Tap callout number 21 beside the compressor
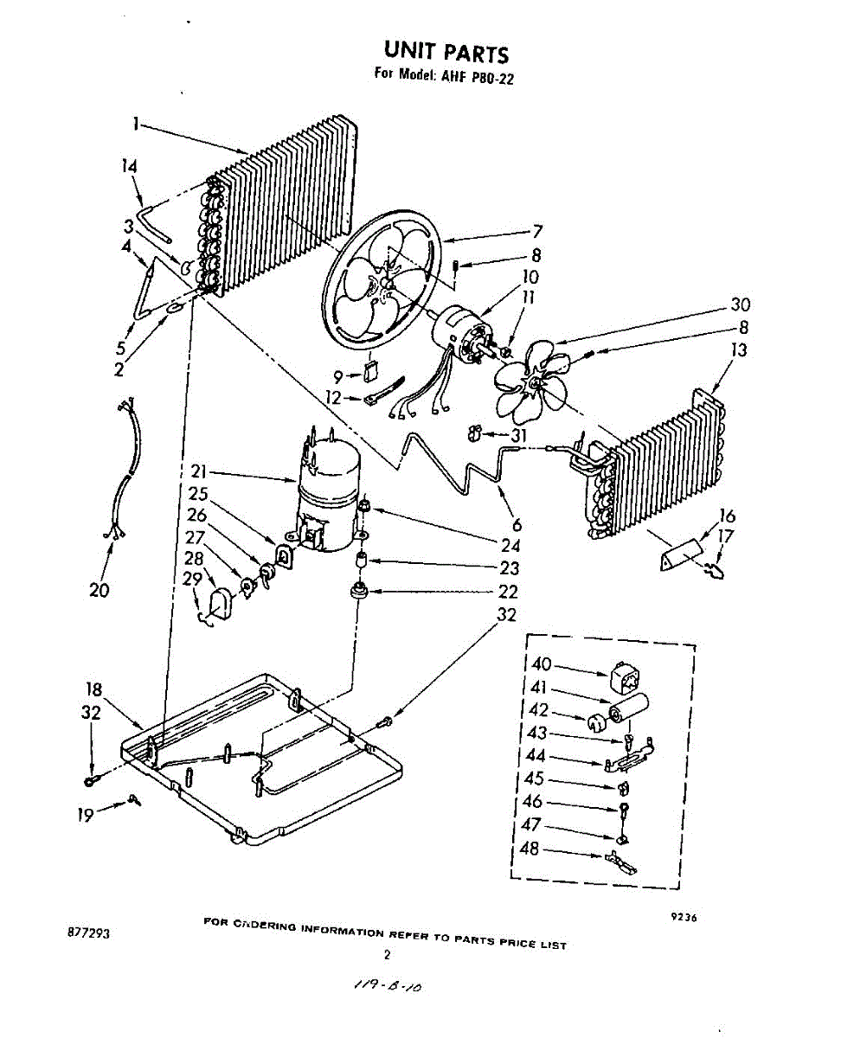coord(199,472)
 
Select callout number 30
coord(740,304)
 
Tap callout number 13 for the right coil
coord(739,350)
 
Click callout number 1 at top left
coord(136,124)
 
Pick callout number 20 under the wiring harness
coord(100,591)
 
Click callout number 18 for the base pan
coord(94,689)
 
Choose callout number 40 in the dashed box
coord(541,664)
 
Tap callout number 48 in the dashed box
coord(530,849)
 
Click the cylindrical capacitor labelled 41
coord(628,708)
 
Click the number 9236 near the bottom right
coord(684,919)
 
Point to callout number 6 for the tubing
coord(517,524)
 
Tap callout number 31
coord(518,435)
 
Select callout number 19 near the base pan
coord(85,813)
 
